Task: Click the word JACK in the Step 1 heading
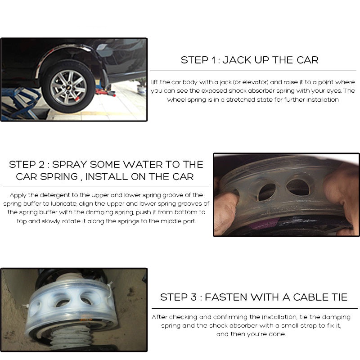point(237,60)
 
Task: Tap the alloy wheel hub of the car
point(68,87)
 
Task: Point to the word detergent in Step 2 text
point(55,195)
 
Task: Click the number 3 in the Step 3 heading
point(193,297)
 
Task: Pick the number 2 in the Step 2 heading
point(42,165)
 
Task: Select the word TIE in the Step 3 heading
point(339,297)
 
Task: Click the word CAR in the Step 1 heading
point(307,60)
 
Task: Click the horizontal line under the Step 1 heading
point(253,71)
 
